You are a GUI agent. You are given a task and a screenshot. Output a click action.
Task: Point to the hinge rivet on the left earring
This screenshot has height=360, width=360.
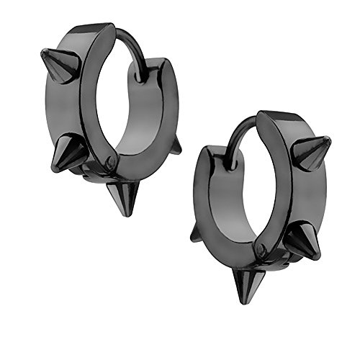(x=109, y=163)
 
